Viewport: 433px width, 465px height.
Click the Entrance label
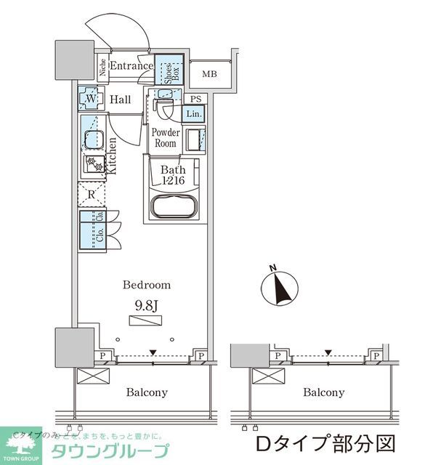tap(131, 66)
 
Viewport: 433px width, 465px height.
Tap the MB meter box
tap(209, 74)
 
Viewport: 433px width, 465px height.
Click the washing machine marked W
tap(92, 99)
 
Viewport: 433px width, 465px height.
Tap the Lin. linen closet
tap(193, 114)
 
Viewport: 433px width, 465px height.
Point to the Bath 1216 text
tap(174, 175)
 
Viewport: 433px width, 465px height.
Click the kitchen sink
tap(92, 137)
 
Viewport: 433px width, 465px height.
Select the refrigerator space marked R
tap(92, 194)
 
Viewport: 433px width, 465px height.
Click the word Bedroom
tap(146, 285)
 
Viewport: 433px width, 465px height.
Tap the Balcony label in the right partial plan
tap(323, 392)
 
